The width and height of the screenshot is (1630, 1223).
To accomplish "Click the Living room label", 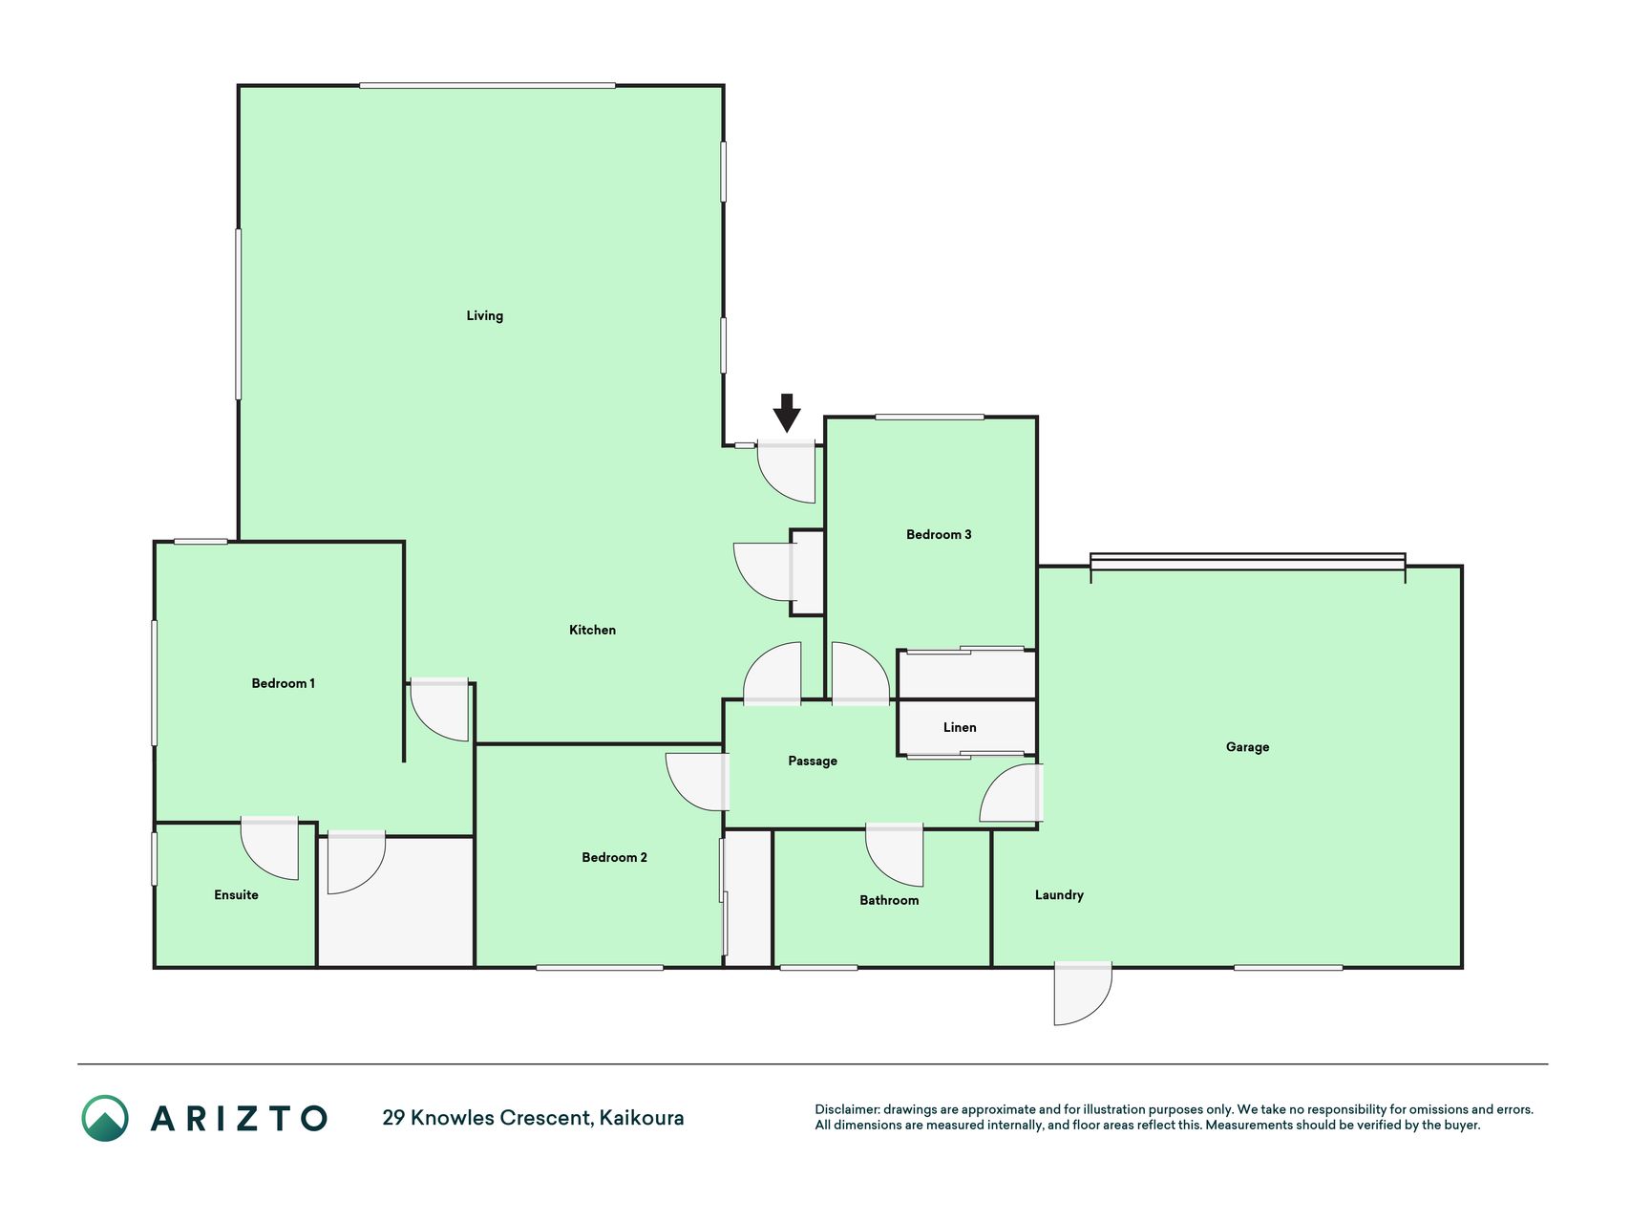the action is coord(484,316).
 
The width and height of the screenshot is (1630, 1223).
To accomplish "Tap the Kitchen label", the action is coord(592,630).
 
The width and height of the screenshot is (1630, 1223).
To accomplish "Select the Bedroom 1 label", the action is coord(283,683).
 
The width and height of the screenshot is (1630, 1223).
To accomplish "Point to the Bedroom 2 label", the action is coord(614,857).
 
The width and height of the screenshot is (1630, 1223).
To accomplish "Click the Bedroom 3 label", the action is coord(939,534).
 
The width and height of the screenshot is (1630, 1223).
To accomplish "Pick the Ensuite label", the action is coord(236,894).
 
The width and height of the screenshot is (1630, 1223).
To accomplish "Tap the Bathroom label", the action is coord(889,900).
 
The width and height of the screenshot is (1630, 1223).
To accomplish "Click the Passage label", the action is coord(813,762).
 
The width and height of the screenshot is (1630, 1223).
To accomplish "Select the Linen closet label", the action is coord(960,727).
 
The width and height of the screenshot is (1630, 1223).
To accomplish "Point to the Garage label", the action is coord(1247,747).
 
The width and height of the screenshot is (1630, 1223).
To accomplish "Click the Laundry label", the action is coord(1059,895).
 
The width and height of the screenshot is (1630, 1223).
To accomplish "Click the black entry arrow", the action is coord(787,413).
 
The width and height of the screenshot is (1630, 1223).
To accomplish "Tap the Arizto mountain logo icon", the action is coord(105,1118).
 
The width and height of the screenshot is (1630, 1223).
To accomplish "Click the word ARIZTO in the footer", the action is coord(240,1118).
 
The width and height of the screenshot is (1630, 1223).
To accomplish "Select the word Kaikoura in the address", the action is coord(642,1118).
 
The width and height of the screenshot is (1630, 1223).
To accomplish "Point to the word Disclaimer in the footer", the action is coord(847,1109).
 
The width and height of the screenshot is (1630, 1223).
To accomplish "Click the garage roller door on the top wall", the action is coord(1248,562).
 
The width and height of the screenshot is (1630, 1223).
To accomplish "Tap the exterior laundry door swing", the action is coord(1083,994).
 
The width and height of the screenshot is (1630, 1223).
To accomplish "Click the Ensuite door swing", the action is coord(269,848).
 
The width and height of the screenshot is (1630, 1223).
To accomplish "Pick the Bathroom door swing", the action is coord(894,855).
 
